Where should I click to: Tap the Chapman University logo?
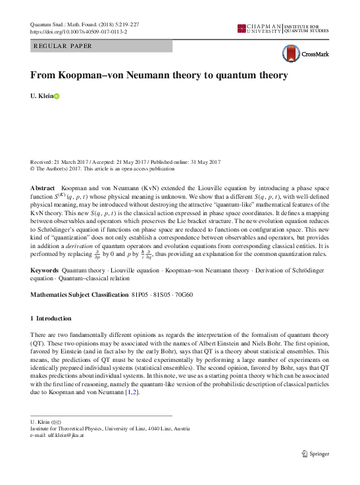(260, 28)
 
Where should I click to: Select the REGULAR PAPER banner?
(101, 46)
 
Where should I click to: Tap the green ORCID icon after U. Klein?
(57, 96)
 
